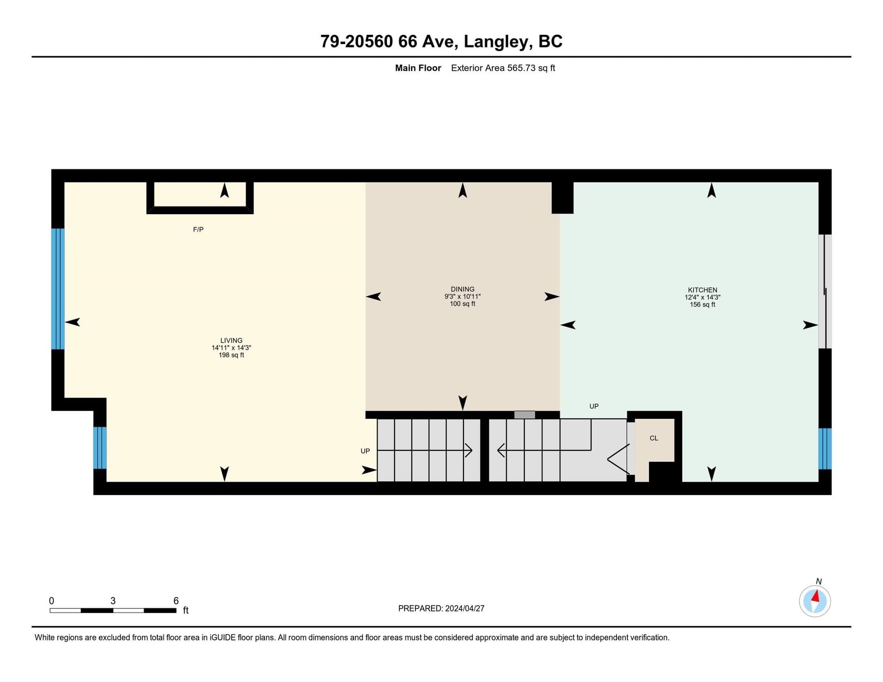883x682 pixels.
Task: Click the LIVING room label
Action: coord(231,340)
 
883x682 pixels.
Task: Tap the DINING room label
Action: coord(462,289)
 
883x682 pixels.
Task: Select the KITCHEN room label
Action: coord(703,290)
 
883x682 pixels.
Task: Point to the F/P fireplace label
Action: coord(198,230)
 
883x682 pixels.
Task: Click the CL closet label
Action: coord(654,438)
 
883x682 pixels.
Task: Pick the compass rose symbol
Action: coord(815,601)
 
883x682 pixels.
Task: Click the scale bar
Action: coord(113,610)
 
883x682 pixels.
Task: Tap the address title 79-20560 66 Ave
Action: coord(389,41)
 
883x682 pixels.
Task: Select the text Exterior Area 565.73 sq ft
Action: coord(503,68)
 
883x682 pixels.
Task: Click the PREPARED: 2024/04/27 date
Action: coord(441,609)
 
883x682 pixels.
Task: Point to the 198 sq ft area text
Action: coord(231,355)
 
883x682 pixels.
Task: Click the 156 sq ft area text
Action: coord(703,305)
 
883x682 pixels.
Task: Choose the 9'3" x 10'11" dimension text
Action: coord(462,296)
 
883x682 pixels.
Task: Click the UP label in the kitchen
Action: coord(594,406)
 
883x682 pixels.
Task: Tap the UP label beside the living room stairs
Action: coord(365,451)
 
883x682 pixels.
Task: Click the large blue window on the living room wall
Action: coord(58,289)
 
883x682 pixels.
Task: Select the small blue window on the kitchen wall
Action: coord(825,449)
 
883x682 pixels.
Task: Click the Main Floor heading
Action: coord(418,68)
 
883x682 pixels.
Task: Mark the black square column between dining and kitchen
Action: coord(562,198)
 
